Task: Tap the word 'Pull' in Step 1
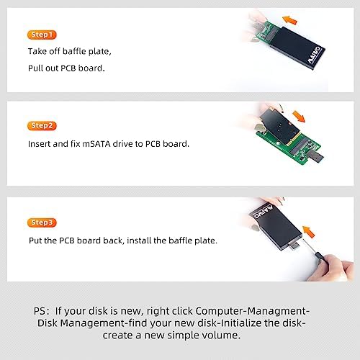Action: (37, 70)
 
